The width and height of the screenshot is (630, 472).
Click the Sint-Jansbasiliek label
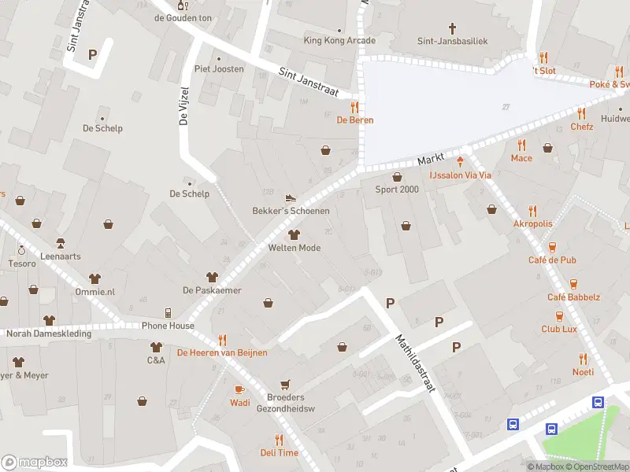coord(454,41)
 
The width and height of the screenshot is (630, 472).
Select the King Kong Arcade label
coord(339,41)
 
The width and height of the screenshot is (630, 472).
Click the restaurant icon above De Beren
coord(355,107)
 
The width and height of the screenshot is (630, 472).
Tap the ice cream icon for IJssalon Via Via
coord(461,162)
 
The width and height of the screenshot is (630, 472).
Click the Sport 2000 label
coord(397,190)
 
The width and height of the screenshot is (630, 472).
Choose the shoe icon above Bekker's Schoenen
coord(291,198)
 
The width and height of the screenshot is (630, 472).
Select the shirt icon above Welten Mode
coord(295,234)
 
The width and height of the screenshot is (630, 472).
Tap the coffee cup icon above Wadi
coord(240,389)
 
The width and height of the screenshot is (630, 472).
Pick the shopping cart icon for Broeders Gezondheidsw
coord(285,384)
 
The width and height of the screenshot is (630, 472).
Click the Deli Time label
coord(280,453)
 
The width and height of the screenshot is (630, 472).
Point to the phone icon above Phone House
coord(168,312)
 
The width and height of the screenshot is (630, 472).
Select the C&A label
coord(155,360)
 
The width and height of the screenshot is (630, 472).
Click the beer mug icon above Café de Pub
coord(552,246)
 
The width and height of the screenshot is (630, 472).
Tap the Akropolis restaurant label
coord(533,223)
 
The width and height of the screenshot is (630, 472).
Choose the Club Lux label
coord(558,330)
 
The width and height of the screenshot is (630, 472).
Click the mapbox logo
coord(35,463)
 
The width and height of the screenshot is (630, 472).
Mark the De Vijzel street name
coord(184,106)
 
